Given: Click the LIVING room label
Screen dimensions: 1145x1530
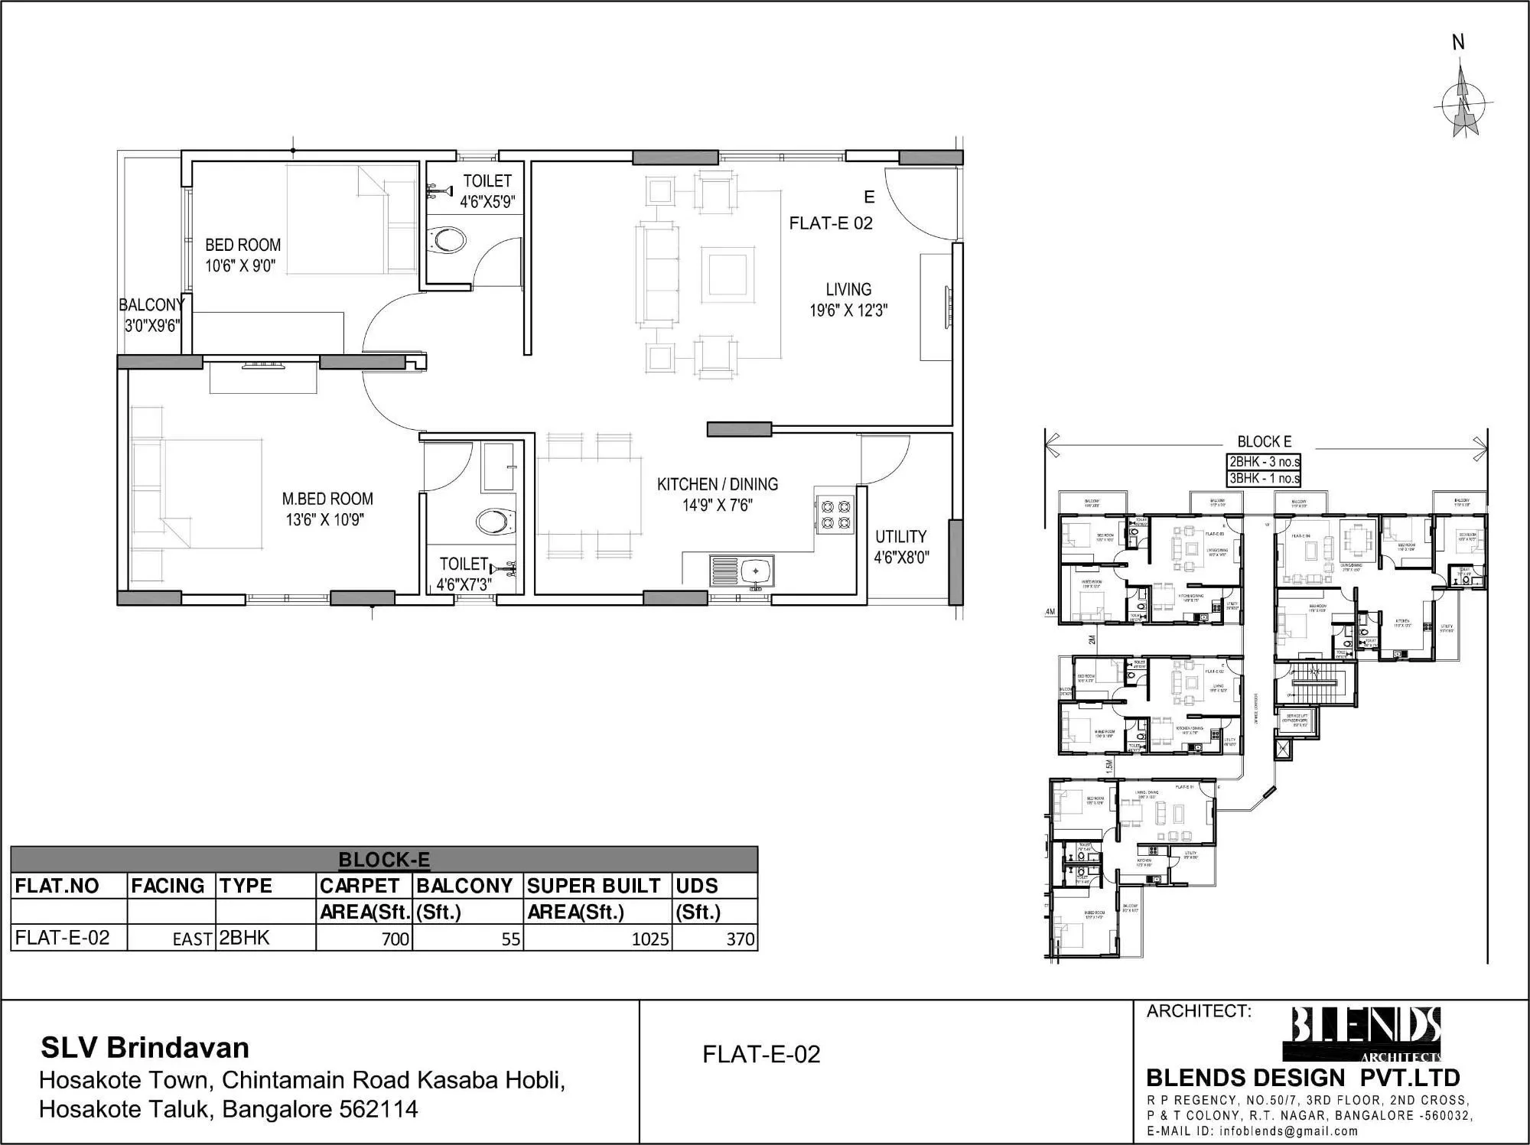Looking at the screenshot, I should (848, 290).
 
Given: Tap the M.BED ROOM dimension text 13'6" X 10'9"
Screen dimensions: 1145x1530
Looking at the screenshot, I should (324, 520).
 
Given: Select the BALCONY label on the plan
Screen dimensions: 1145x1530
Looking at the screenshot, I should (151, 305).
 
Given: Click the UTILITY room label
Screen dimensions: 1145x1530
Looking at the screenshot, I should (900, 537).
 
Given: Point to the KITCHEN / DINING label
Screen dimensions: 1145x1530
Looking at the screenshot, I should (717, 484).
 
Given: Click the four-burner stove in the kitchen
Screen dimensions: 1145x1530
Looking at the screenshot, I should (835, 515).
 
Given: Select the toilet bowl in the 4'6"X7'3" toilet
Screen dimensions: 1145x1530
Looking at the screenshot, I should (493, 523).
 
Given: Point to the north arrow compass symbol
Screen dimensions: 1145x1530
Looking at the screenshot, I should (1463, 106).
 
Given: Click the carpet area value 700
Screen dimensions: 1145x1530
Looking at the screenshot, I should (395, 938).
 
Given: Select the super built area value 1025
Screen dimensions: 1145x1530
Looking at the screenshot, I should (649, 938).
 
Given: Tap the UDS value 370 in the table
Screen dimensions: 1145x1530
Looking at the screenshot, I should (740, 938).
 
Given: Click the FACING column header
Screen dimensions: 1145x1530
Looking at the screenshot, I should (168, 886).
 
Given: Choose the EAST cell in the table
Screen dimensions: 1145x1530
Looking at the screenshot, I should (192, 939).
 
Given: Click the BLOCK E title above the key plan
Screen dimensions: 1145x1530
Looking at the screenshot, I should (1264, 442).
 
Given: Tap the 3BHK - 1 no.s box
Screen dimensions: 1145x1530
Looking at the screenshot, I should (1264, 479).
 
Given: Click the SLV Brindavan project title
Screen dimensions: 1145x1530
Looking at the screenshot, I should (145, 1048).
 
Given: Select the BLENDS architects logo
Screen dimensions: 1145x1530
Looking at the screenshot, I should (1366, 1033).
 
